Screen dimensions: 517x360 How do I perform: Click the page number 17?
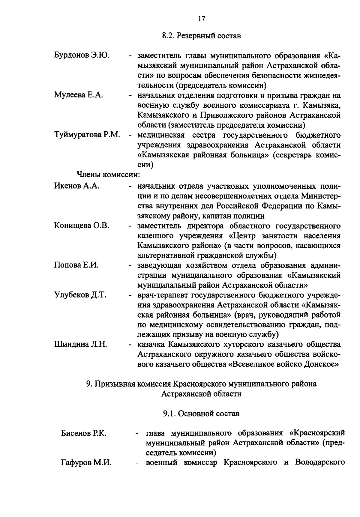pyautogui.click(x=201, y=19)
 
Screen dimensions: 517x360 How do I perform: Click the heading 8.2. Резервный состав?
pyautogui.click(x=201, y=36)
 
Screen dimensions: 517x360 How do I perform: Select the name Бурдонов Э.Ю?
pyautogui.click(x=82, y=55)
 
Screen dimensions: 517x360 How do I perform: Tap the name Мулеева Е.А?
pyautogui.click(x=79, y=95)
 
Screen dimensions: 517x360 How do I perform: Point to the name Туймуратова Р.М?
pyautogui.click(x=87, y=135)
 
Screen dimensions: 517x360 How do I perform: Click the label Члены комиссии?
pyautogui.click(x=109, y=174)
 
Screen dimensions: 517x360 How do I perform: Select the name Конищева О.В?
pyautogui.click(x=82, y=226)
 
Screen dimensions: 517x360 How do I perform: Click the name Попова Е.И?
pyautogui.click(x=76, y=265)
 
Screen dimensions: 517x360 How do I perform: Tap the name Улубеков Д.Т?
pyautogui.click(x=80, y=295)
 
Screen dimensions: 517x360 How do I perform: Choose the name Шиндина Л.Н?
pyautogui.click(x=81, y=344)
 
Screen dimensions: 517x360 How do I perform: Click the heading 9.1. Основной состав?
pyautogui.click(x=201, y=414)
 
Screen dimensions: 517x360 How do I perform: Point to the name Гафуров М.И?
pyautogui.click(x=86, y=463)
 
